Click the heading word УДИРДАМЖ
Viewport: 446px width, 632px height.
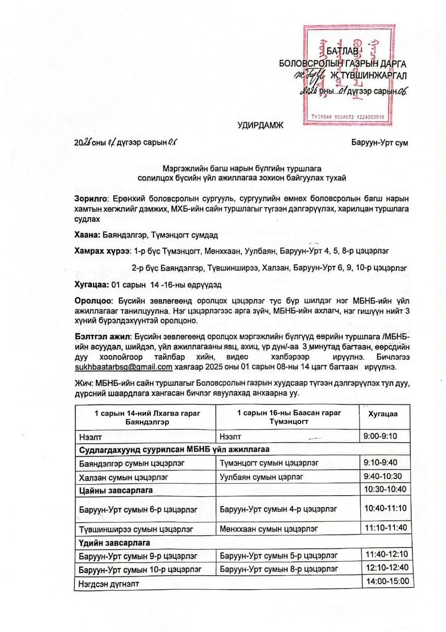pyautogui.click(x=260, y=125)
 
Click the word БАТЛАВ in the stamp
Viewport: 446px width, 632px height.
pyautogui.click(x=342, y=51)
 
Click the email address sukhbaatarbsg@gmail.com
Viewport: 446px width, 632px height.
pyautogui.click(x=123, y=367)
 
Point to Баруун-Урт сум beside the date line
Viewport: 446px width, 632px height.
pyautogui.click(x=379, y=143)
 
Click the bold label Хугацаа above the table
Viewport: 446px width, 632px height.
pyautogui.click(x=91, y=285)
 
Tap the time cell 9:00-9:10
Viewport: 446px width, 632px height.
pyautogui.click(x=380, y=436)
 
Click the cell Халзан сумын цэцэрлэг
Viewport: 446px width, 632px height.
pyautogui.click(x=123, y=478)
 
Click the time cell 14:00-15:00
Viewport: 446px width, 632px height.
pyautogui.click(x=387, y=581)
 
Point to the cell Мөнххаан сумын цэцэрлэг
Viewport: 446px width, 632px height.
pyautogui.click(x=268, y=529)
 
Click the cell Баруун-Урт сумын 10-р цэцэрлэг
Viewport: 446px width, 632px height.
pyautogui.click(x=140, y=569)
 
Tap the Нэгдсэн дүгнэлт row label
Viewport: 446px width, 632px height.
pyautogui.click(x=108, y=584)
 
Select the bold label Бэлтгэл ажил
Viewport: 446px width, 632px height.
pyautogui.click(x=103, y=337)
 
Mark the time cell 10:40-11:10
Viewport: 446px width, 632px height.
pyautogui.click(x=385, y=508)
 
